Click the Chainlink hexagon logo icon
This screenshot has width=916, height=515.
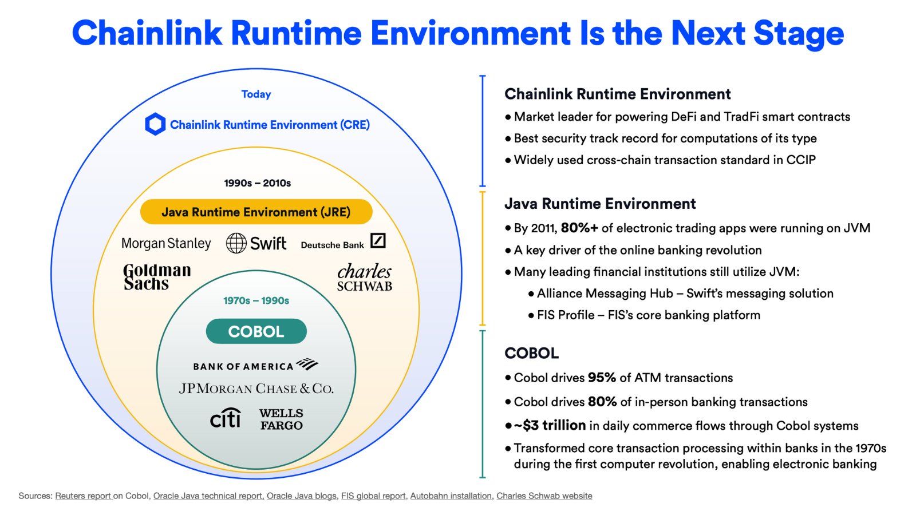(155, 124)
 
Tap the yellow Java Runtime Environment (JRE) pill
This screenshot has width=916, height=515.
(256, 212)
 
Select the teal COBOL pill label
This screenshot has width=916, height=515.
(256, 331)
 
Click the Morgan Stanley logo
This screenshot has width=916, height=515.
(166, 244)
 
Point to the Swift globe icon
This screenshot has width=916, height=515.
(236, 243)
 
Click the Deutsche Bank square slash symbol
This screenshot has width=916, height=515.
(378, 241)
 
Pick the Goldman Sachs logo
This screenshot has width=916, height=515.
(156, 277)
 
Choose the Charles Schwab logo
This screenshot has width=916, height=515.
(364, 278)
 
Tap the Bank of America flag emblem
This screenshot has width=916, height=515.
(307, 364)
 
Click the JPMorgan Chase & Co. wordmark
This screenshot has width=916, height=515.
(256, 389)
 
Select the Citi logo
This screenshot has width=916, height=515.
(225, 418)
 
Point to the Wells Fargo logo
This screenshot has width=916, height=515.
(281, 419)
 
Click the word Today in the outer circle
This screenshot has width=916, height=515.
(256, 94)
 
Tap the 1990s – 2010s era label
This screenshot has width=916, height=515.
(257, 183)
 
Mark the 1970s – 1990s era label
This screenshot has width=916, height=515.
(256, 301)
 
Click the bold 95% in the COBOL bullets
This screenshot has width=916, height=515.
(602, 378)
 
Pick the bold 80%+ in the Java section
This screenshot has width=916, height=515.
(579, 228)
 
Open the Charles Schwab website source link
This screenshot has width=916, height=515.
(544, 496)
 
